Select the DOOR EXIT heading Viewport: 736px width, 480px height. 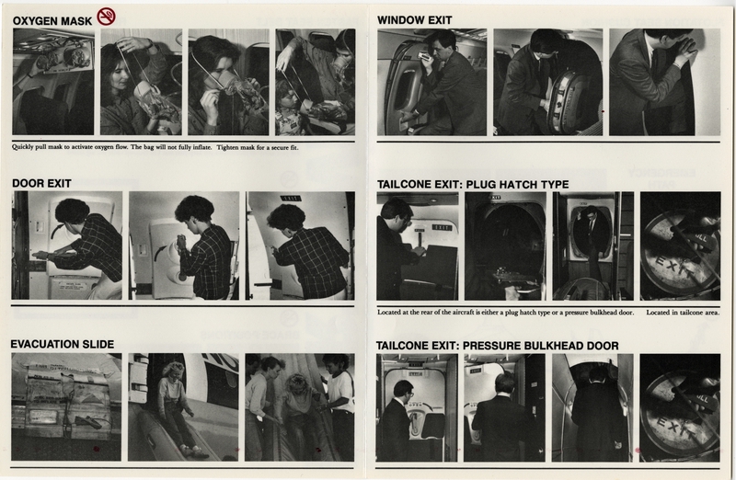coord(40,183)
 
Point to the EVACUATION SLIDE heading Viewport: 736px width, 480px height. coord(62,344)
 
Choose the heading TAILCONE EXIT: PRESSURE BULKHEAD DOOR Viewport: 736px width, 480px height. coord(497,346)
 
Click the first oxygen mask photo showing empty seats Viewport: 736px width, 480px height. coord(52,82)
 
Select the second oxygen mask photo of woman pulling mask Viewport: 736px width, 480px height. coord(140,82)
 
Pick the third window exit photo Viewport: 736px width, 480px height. coord(663,82)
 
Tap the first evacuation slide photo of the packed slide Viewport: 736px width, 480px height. coord(66,406)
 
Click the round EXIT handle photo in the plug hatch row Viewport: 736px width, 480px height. coord(681,246)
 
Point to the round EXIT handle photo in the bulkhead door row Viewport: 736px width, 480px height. coord(681,407)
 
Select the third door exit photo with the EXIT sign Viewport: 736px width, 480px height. coord(300,245)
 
